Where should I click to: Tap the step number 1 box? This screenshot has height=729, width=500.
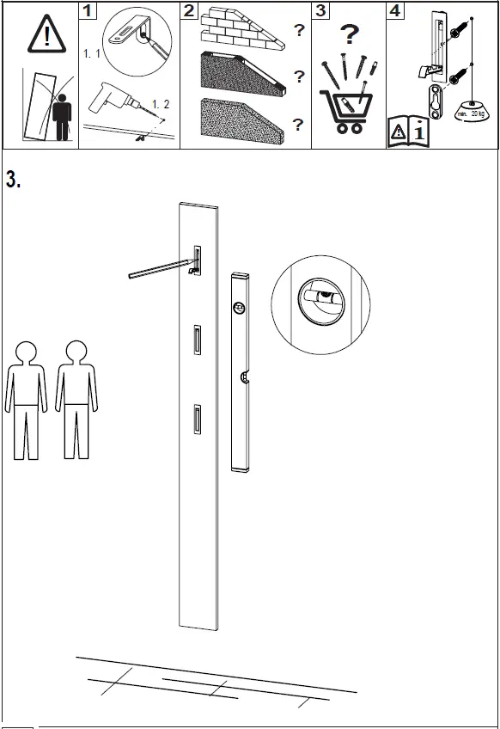tap(89, 11)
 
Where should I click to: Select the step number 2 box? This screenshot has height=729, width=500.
tap(190, 11)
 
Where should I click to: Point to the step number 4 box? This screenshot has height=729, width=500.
tap(394, 11)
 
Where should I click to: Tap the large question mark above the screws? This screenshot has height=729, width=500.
tap(348, 36)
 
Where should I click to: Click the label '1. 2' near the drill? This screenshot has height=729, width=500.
tap(161, 104)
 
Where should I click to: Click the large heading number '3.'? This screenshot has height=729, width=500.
tap(13, 181)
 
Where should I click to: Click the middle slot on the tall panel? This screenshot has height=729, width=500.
tap(197, 340)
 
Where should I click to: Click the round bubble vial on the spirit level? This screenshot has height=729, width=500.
tap(240, 307)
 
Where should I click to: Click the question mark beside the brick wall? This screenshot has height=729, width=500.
tap(298, 31)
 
